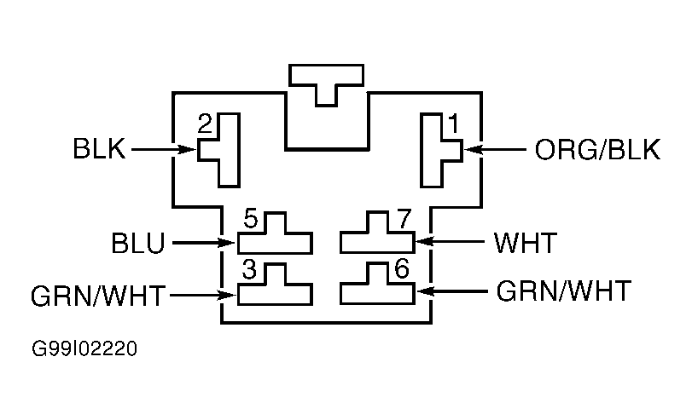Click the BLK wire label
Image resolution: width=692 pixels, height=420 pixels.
[99, 148]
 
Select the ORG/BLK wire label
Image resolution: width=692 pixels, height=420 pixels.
[597, 150]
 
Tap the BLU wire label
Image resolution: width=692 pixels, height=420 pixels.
[137, 244]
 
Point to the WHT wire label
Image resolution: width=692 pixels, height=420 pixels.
[526, 243]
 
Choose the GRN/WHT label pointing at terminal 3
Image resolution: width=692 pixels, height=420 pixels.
[98, 296]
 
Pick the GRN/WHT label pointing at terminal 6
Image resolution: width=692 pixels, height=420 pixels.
[563, 291]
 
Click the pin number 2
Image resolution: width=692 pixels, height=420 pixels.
[205, 124]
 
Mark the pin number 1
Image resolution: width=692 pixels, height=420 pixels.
[453, 124]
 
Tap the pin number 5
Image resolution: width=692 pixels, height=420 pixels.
[250, 219]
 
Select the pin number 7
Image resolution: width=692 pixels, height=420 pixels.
[404, 219]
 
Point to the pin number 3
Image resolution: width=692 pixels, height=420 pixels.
[249, 269]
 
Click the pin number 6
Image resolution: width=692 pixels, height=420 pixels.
[402, 268]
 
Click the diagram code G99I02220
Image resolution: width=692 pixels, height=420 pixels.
[84, 348]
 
